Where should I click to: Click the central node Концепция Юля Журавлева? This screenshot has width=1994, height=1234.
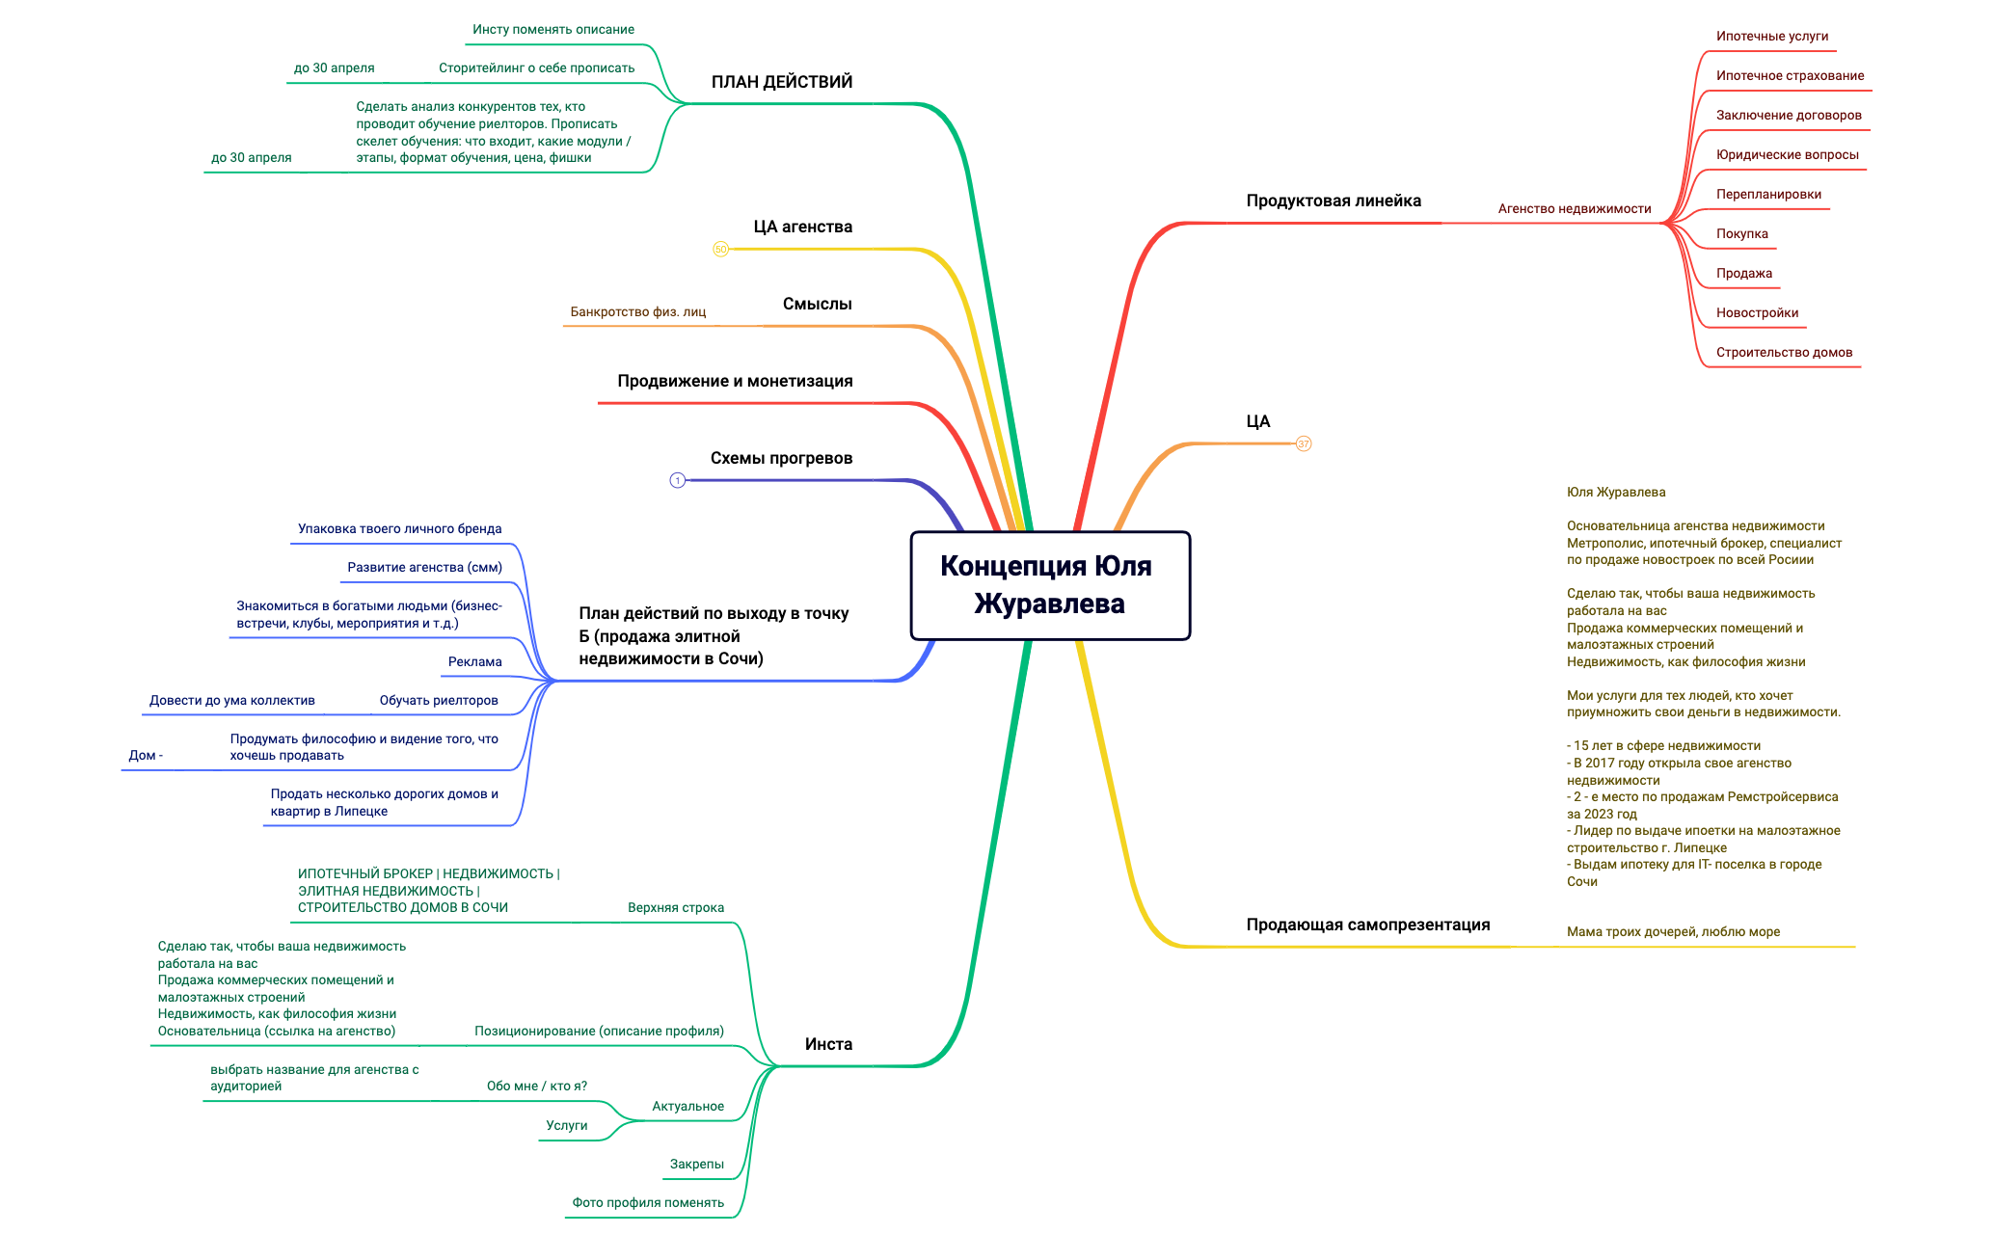coord(1050,585)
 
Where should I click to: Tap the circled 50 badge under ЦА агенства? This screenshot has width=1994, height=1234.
coord(720,249)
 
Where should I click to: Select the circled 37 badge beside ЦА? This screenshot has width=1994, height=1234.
coord(1304,443)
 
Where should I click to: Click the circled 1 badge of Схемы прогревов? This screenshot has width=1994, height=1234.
coord(678,480)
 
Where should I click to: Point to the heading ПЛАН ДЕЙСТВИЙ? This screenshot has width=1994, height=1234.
coord(782,82)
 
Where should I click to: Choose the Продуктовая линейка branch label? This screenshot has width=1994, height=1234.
coord(1334,201)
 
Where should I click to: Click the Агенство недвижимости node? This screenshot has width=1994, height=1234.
coord(1575,208)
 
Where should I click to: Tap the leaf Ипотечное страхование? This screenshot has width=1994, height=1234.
coord(1790,75)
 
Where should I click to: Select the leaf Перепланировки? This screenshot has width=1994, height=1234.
coord(1768,194)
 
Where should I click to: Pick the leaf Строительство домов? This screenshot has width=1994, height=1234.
coord(1784,352)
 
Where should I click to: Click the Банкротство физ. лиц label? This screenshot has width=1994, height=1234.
coord(638,311)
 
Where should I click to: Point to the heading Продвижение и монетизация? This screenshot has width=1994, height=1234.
coord(735,381)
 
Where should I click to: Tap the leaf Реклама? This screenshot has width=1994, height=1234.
coord(475,661)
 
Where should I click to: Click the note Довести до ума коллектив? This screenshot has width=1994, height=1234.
coord(232,700)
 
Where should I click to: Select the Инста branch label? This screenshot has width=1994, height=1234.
coord(828,1044)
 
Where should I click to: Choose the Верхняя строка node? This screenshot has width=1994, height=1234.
coord(676,907)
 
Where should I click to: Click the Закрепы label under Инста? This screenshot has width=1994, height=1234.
coord(697,1164)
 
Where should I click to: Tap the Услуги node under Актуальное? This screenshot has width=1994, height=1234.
coord(567,1125)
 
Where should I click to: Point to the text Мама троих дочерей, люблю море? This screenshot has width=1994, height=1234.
coord(1673,931)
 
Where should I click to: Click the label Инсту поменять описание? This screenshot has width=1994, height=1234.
coord(553,29)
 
